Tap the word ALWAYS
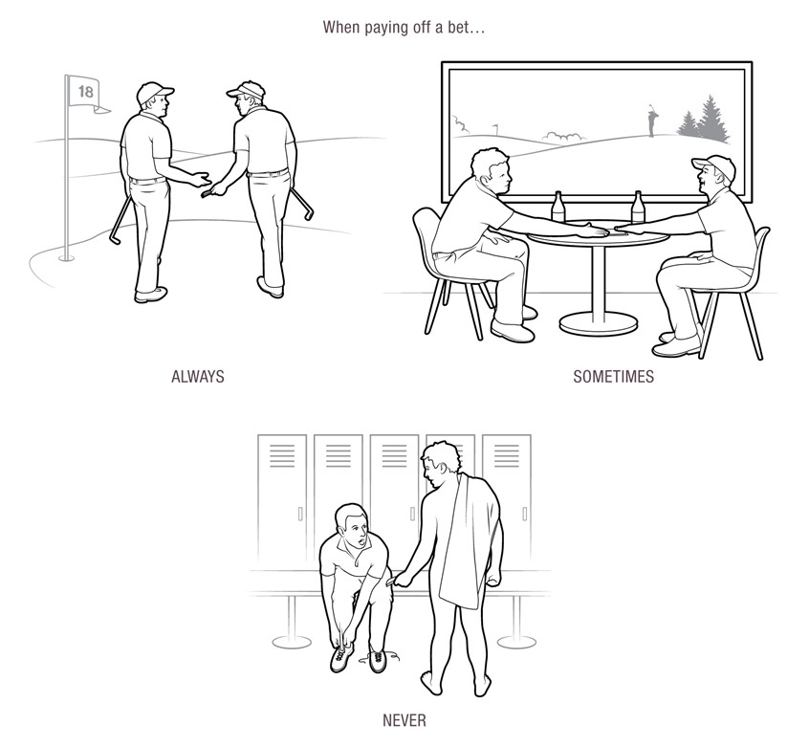click(x=197, y=377)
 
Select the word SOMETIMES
click(x=613, y=377)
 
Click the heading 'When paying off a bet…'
click(x=404, y=27)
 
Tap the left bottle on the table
click(x=558, y=209)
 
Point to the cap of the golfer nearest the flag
click(x=155, y=92)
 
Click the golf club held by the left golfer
click(x=120, y=219)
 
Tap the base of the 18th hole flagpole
click(x=65, y=256)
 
